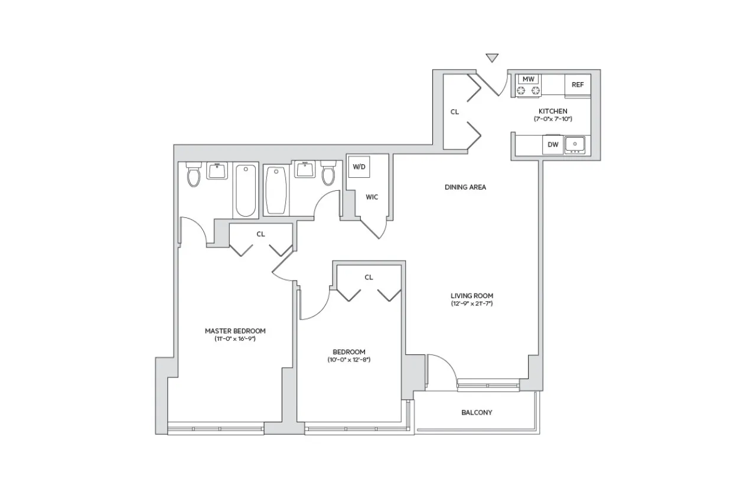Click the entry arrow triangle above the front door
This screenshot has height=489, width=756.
click(491, 58)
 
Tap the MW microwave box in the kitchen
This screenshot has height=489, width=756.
click(529, 79)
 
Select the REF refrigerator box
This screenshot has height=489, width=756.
click(577, 84)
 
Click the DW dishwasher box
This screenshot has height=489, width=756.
click(553, 145)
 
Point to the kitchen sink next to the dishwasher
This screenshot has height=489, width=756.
click(575, 145)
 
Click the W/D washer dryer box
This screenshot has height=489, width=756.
click(359, 167)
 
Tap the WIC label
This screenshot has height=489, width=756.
click(372, 197)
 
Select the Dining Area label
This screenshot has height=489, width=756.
click(465, 187)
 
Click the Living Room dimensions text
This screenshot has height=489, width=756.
click(471, 304)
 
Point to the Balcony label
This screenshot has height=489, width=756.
click(477, 412)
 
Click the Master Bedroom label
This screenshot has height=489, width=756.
click(235, 331)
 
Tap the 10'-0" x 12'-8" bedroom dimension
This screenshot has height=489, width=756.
click(349, 359)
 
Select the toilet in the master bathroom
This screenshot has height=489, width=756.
click(194, 175)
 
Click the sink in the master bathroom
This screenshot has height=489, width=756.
click(217, 171)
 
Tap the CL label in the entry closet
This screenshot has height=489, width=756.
click(454, 111)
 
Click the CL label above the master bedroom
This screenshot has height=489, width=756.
click(260, 234)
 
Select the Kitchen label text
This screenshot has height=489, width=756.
click(553, 111)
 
